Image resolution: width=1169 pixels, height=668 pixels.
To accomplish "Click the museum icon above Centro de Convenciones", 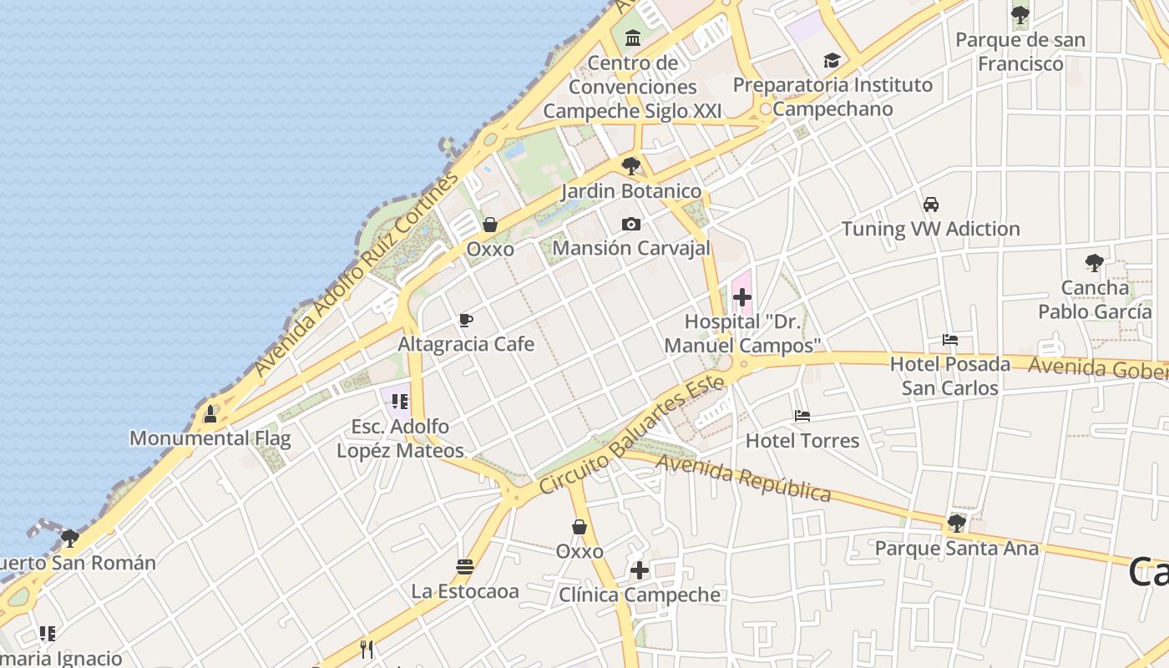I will [x=632, y=38].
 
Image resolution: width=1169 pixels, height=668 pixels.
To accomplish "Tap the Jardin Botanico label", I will [x=631, y=191].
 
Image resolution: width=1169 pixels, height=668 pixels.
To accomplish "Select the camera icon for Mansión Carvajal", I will [x=631, y=224].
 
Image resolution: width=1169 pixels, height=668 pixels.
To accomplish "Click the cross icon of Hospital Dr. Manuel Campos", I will [x=741, y=297].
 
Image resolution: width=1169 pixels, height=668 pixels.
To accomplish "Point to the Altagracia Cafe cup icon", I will [x=466, y=320].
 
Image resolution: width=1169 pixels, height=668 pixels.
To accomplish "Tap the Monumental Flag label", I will [x=210, y=438].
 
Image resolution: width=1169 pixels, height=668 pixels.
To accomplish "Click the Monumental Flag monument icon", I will [x=210, y=413].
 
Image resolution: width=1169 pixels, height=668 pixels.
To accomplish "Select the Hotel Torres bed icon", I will [x=802, y=416].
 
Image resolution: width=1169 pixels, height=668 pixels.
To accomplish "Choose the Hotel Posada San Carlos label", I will [x=950, y=376].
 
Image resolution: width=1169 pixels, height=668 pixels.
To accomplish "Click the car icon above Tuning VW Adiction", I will [x=930, y=205].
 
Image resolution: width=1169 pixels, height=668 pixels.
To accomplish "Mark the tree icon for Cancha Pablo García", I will [x=1094, y=263].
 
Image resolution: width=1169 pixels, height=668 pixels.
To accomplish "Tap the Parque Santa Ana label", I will [x=957, y=549].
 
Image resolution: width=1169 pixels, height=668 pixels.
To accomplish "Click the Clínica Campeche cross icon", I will [x=640, y=570].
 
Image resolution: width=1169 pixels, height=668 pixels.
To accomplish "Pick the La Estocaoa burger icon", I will [x=465, y=567].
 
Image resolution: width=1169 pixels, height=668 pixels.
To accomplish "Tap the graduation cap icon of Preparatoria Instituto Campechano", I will [x=832, y=60].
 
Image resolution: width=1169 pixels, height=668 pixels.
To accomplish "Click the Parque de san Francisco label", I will [x=1020, y=52].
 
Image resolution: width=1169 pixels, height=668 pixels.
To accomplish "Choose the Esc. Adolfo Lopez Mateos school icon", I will [x=399, y=402].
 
